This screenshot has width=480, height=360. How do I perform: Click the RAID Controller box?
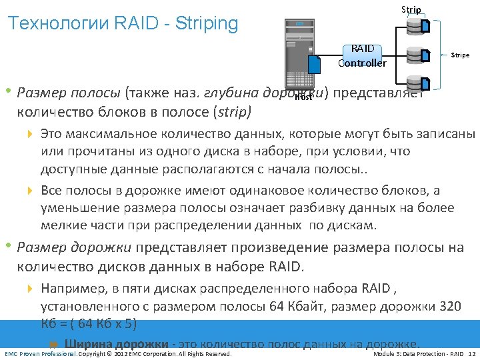(x=362, y=56)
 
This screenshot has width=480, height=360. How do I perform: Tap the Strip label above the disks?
(x=411, y=9)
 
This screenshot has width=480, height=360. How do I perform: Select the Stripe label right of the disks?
(x=460, y=55)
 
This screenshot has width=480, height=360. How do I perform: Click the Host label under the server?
(x=303, y=97)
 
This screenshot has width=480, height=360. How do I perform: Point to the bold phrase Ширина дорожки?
(x=117, y=344)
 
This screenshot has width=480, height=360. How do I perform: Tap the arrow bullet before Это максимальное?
(x=30, y=133)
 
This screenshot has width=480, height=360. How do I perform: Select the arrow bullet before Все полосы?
(x=30, y=191)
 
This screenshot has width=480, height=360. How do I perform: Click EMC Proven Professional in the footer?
(x=40, y=353)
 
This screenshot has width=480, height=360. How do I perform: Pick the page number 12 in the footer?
(x=472, y=353)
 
